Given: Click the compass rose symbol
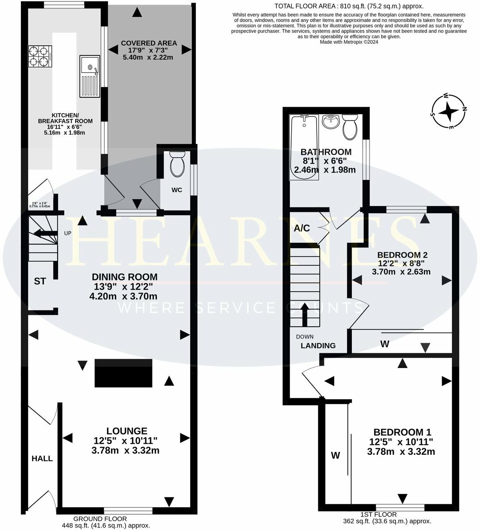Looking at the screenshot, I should [x=449, y=111].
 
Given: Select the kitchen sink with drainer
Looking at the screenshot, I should [x=89, y=76].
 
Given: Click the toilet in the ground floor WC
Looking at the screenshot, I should [x=177, y=164].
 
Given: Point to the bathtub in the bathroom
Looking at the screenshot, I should [x=303, y=148].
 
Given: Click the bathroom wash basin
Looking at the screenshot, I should [x=330, y=121].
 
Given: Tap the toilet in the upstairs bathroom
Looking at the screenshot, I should [x=350, y=126].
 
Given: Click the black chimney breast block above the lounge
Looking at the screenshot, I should [x=124, y=373].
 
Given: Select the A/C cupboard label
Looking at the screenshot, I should [x=302, y=228].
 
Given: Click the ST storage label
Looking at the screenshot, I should [x=40, y=281].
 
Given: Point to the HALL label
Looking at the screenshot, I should [x=43, y=458].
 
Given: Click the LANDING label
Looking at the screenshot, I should [x=318, y=346].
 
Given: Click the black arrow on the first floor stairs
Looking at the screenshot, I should [x=305, y=316].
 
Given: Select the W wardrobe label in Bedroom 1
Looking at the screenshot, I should [x=335, y=455].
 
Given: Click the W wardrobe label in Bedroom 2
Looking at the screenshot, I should [x=384, y=344].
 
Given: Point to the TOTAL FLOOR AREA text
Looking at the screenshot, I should [x=349, y=6].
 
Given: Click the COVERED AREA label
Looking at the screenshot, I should [x=149, y=43].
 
